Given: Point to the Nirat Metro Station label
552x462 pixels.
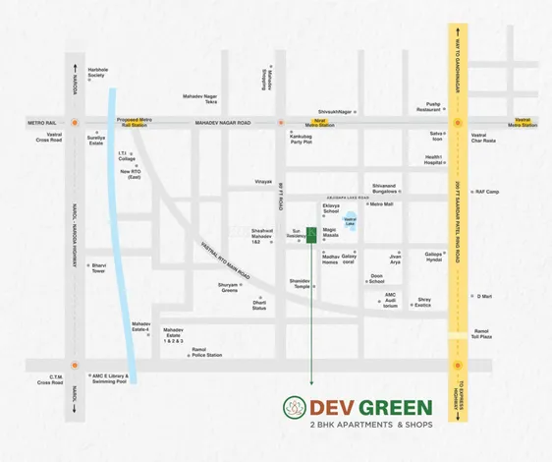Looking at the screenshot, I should (x=318, y=122).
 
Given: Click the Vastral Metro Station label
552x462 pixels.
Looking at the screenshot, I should (x=522, y=122).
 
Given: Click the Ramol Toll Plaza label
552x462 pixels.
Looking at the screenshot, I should (x=481, y=333).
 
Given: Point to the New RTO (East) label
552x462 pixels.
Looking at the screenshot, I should (x=131, y=174).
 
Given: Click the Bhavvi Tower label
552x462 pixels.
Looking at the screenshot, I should (x=98, y=266).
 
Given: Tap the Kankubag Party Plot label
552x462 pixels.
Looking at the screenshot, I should (x=301, y=140).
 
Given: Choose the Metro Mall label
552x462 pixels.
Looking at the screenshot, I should (x=380, y=204).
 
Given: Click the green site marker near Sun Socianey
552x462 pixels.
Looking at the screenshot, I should (x=311, y=233).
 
